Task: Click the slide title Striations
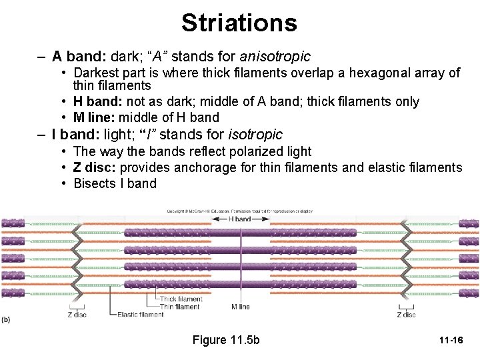239,23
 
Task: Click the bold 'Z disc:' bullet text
95,167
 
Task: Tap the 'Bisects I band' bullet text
115,183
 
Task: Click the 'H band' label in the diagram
239,219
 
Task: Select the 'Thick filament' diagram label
181,299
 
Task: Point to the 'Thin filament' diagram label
179,307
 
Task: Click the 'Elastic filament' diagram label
141,315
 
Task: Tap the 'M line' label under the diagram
241,307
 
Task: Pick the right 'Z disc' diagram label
406,315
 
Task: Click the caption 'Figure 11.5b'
226,340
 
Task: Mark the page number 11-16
451,341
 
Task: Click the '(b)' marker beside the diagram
6,319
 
